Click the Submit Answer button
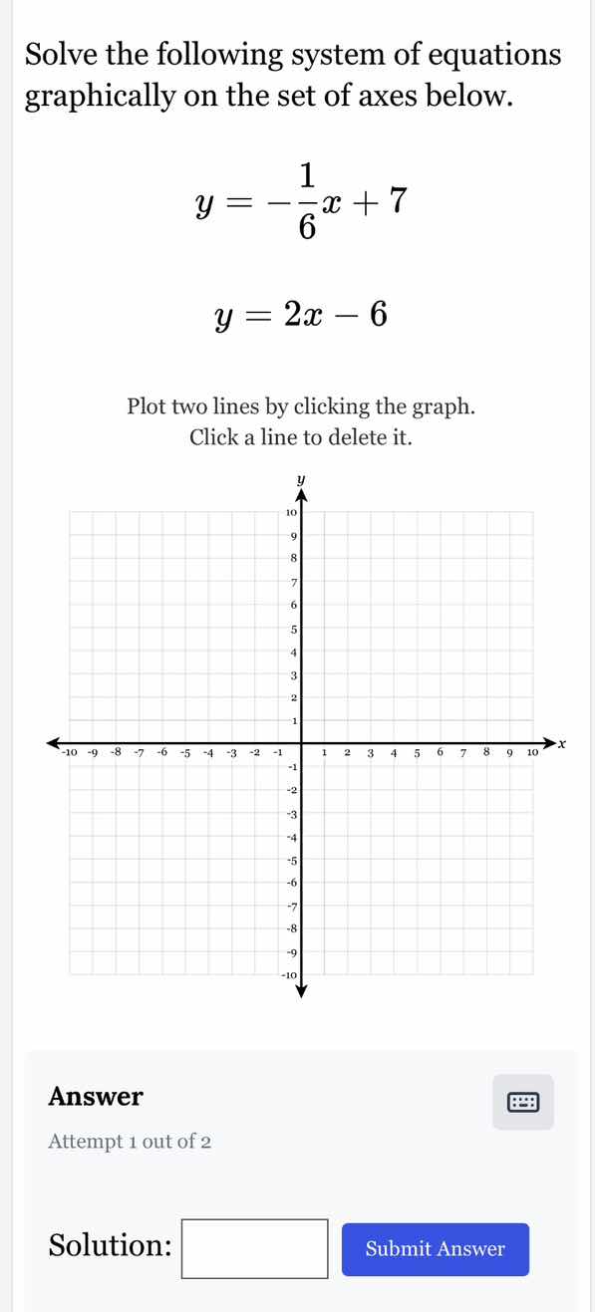[x=435, y=1249]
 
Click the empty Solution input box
[x=255, y=1248]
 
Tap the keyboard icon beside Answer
[x=522, y=1102]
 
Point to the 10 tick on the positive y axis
[x=289, y=512]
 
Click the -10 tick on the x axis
[x=70, y=752]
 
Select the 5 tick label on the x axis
[x=417, y=752]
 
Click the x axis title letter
[x=562, y=743]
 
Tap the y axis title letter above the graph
[x=300, y=481]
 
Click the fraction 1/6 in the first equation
[x=305, y=201]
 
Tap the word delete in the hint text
[x=323, y=437]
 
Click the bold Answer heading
[x=96, y=1097]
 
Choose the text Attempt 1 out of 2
[x=130, y=1142]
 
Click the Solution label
[x=110, y=1246]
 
